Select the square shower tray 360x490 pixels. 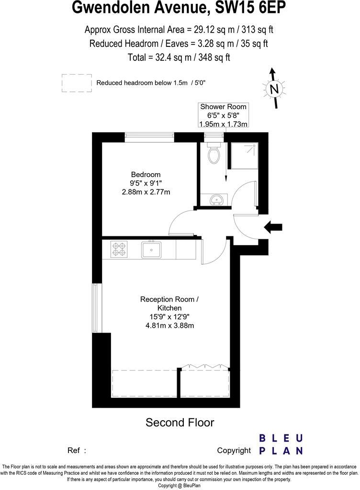[x=244, y=156]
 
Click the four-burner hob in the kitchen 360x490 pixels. [x=119, y=249]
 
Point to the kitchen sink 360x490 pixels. [x=151, y=249]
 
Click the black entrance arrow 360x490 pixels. [x=273, y=228]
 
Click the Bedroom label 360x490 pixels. [x=146, y=175]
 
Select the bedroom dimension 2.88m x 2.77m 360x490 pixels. [x=146, y=192]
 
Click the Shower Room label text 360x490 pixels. [x=223, y=107]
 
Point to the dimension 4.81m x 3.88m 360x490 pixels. [x=169, y=325]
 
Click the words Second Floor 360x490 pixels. [x=180, y=423]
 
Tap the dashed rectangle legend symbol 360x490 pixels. [x=77, y=83]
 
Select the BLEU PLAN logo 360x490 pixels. [x=281, y=444]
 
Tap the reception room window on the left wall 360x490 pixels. [x=98, y=309]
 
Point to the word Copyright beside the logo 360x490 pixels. [x=234, y=450]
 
